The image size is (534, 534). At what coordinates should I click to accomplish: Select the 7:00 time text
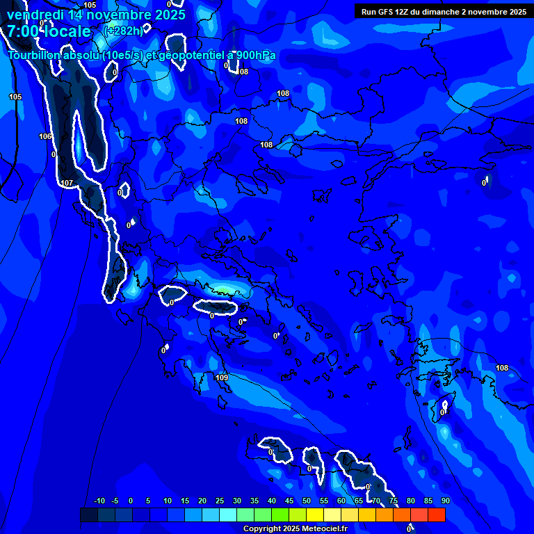[x=23, y=31]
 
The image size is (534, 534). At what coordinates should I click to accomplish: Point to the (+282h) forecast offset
[x=124, y=31]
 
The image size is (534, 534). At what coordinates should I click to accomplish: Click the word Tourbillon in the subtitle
[x=38, y=56]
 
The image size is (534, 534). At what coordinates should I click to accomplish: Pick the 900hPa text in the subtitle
[x=254, y=56]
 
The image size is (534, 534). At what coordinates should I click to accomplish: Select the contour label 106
[x=46, y=136]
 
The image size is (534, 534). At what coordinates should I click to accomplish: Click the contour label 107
[x=67, y=183]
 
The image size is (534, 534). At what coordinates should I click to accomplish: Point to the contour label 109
[x=222, y=378]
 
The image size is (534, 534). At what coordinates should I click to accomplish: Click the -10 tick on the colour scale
[x=99, y=501]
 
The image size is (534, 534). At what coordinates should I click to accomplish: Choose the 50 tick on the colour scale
[x=307, y=501]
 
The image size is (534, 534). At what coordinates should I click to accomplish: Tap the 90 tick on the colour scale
[x=445, y=501]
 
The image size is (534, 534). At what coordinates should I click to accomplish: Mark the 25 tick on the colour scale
[x=220, y=501]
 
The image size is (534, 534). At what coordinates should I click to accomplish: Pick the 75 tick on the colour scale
[x=394, y=501]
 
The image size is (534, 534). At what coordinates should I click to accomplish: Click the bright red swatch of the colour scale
[x=436, y=515]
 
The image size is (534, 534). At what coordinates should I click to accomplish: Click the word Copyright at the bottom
[x=261, y=529]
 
